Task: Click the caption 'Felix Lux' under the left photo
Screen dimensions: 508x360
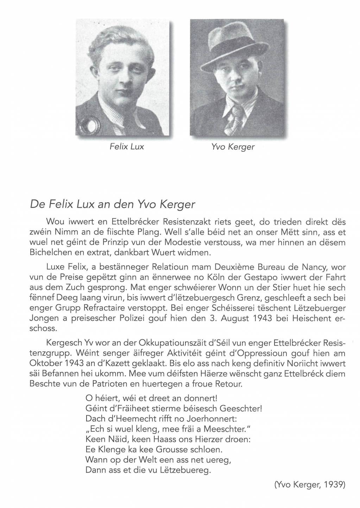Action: (x=127, y=146)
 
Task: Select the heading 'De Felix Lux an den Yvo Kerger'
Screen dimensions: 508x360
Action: (x=113, y=204)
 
